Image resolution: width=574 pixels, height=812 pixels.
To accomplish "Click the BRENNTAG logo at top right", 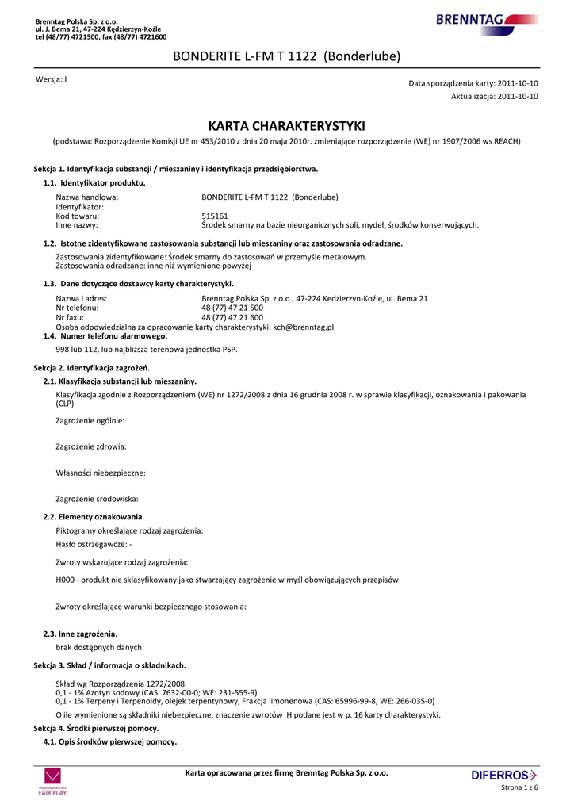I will (x=486, y=21).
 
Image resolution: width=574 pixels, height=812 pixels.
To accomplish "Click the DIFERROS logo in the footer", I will (x=503, y=775).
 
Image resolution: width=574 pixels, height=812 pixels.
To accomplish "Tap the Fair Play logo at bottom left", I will (x=53, y=781).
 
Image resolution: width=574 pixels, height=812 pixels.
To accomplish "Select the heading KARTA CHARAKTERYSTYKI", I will (x=286, y=125).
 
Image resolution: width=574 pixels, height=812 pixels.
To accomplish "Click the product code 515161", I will (x=215, y=216).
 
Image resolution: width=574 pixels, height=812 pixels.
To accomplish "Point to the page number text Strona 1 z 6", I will (x=519, y=787).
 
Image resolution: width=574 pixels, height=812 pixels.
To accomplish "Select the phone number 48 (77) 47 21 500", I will (x=232, y=308).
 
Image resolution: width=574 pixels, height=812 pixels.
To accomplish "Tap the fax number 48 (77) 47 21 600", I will (x=232, y=317).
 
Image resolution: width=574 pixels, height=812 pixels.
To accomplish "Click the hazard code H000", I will (x=66, y=580).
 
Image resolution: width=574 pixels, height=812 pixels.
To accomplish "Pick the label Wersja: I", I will (x=52, y=80).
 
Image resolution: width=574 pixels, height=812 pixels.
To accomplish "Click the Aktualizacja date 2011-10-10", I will (x=518, y=96).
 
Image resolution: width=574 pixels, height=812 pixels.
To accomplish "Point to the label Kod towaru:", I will (x=77, y=216).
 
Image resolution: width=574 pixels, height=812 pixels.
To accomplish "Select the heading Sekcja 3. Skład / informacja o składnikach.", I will (x=109, y=665).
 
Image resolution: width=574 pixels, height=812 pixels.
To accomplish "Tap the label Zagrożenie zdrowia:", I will (x=91, y=446).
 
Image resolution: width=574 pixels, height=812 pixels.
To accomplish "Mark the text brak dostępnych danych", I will (x=98, y=647).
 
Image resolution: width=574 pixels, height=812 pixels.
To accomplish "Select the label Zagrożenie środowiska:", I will (x=97, y=499).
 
